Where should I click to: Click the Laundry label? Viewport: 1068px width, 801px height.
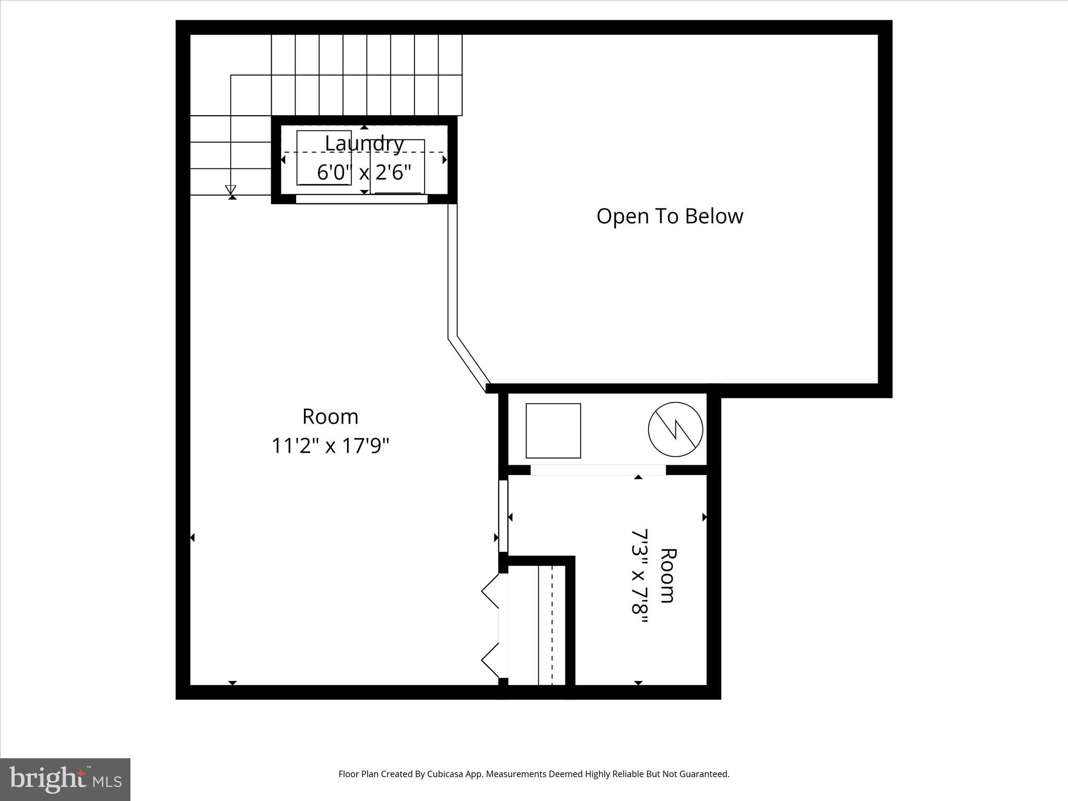click(364, 143)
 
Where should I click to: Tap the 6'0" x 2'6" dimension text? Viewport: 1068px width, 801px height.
click(364, 172)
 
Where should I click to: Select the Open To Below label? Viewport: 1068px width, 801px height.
click(670, 216)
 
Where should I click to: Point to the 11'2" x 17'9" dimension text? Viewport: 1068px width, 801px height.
click(330, 446)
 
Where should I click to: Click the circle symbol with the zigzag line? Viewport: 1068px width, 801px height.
click(675, 430)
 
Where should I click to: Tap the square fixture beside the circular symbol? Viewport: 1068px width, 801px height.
click(553, 431)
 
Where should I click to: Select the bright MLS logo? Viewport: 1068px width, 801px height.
click(65, 779)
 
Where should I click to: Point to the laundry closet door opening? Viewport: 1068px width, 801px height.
click(361, 199)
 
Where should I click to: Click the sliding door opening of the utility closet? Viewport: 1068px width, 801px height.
click(598, 470)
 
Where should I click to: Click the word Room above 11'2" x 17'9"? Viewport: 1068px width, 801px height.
click(330, 417)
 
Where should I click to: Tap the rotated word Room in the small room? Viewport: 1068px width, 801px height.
click(668, 576)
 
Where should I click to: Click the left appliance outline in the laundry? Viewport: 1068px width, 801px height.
click(323, 157)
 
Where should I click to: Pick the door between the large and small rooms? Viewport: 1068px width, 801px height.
click(503, 516)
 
